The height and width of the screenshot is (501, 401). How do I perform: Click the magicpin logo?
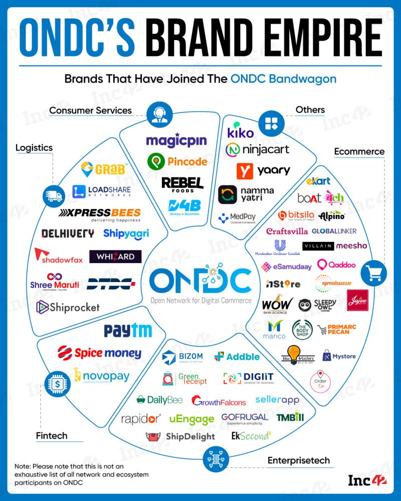(176, 140)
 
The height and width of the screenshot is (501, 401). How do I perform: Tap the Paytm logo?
(128, 331)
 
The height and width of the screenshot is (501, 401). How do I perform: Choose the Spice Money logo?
(99, 353)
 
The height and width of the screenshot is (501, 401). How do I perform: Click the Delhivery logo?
(68, 233)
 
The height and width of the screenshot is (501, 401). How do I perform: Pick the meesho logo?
(351, 245)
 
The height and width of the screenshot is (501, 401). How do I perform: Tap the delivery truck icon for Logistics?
(54, 196)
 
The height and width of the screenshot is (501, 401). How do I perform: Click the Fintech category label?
(52, 435)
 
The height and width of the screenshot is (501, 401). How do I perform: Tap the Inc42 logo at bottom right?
(367, 480)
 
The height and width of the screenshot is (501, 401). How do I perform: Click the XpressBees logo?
(100, 214)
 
